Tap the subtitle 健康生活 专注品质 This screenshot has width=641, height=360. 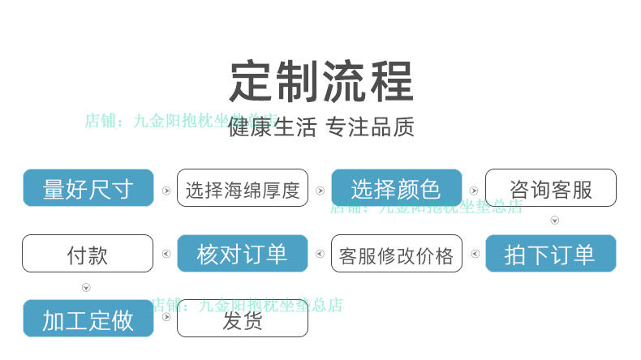pos(321,127)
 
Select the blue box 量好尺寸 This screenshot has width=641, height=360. pos(88,189)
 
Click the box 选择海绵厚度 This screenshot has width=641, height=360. pos(243,189)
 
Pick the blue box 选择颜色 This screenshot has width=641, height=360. pos(396,189)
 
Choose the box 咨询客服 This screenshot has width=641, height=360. pos(551,189)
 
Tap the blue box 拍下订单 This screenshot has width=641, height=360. pos(551,254)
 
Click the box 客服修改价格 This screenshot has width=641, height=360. pos(397,254)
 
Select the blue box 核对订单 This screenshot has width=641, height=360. pos(243,254)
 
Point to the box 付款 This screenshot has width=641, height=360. pos(88,254)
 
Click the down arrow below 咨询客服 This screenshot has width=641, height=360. pos(555,221)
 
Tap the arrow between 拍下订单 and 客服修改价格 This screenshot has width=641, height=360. pos(474,255)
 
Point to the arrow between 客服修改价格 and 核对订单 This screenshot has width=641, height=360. pos(320,255)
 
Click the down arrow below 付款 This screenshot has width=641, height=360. pos(86,287)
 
